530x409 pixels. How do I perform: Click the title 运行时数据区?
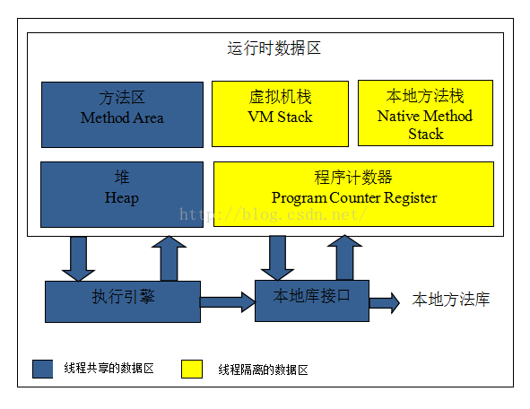(x=274, y=48)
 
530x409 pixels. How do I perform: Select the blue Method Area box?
(x=122, y=115)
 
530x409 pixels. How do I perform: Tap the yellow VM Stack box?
(x=280, y=114)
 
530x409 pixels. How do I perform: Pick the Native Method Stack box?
(x=426, y=113)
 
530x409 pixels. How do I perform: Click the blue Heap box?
(x=122, y=195)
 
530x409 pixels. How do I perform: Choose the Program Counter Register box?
(x=354, y=194)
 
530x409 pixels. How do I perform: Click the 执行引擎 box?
(x=123, y=301)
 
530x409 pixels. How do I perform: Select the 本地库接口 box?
(x=312, y=300)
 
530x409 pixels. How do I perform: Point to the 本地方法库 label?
(x=451, y=300)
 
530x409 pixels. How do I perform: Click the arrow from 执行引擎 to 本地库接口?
(x=228, y=302)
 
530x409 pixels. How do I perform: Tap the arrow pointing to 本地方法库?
(x=385, y=302)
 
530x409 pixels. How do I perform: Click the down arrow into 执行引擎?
(x=78, y=258)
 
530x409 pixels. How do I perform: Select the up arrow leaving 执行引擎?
(x=169, y=258)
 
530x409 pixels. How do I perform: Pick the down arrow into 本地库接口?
(x=277, y=258)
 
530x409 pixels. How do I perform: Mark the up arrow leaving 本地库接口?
(x=344, y=257)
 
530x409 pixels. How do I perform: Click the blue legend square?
(x=42, y=369)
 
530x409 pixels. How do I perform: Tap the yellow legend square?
(x=192, y=369)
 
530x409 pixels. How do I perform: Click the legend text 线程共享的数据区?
(x=109, y=368)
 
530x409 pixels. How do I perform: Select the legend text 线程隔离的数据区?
(x=263, y=370)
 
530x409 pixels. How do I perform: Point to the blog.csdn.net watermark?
(x=274, y=214)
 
